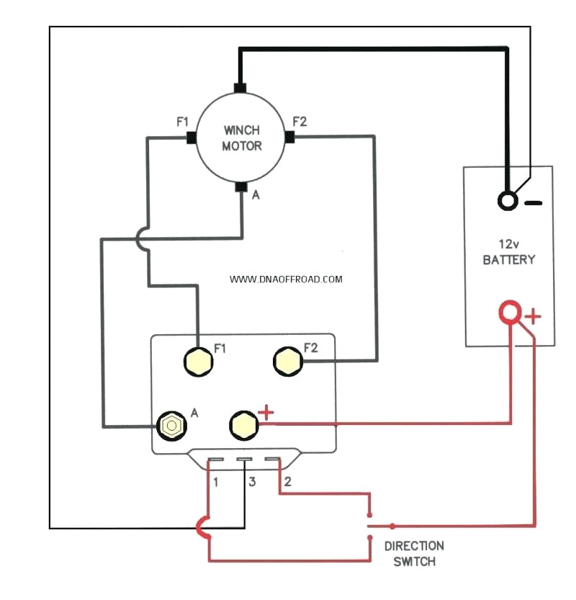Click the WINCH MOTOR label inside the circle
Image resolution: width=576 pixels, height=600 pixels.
click(x=241, y=138)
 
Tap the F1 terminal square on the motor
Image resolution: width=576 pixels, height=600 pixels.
click(x=192, y=137)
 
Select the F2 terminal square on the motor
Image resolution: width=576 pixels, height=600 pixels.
click(x=289, y=137)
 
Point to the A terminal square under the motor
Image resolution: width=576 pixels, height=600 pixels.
click(x=241, y=187)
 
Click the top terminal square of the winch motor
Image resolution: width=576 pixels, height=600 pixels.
click(x=240, y=88)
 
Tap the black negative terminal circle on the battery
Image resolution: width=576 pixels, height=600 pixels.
click(x=508, y=201)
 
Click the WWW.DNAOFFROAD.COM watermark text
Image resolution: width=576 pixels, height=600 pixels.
click(x=287, y=279)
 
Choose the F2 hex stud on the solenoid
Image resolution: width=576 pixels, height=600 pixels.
click(x=287, y=360)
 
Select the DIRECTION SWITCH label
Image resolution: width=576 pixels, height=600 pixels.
click(x=414, y=553)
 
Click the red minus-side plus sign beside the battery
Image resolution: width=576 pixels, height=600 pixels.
click(x=534, y=315)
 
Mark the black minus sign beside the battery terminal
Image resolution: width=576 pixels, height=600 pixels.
click(x=533, y=203)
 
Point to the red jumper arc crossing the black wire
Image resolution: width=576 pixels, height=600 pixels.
click(x=202, y=528)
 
